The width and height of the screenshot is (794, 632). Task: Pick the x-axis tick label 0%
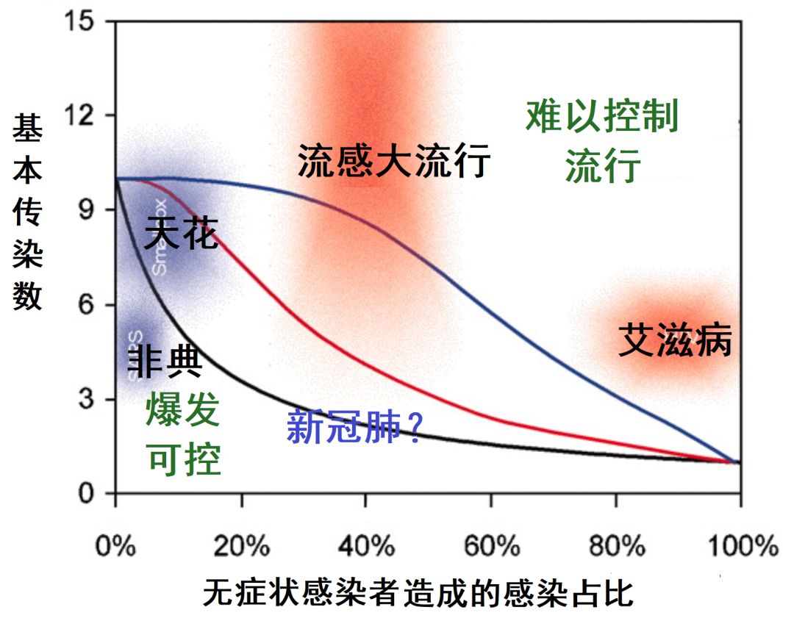click(115, 547)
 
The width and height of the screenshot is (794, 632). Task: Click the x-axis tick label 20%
click(240, 547)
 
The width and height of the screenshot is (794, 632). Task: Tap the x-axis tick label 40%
click(365, 547)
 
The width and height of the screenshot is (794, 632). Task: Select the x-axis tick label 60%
click(490, 547)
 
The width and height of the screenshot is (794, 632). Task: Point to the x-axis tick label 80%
click(615, 547)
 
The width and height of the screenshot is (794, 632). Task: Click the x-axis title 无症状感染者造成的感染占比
click(418, 594)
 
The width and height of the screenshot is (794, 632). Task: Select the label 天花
click(181, 233)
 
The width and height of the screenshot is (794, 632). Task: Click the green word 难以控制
click(601, 118)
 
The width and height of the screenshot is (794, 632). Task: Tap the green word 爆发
click(183, 411)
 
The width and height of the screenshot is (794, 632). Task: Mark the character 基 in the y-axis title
click(27, 131)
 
